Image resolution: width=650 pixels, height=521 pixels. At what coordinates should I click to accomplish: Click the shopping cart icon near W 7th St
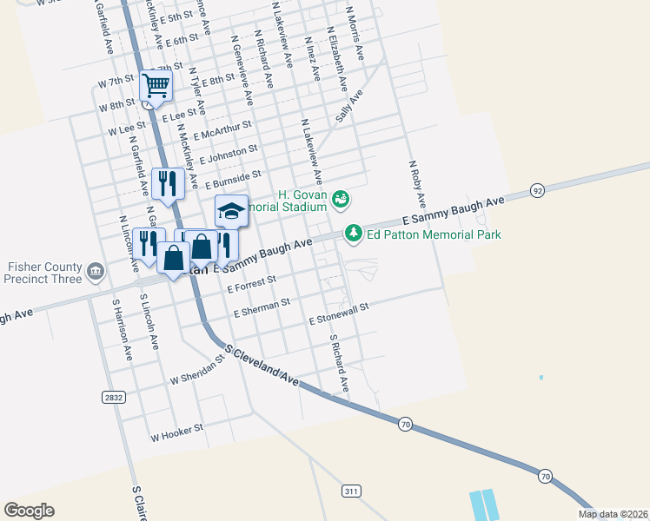click(x=156, y=85)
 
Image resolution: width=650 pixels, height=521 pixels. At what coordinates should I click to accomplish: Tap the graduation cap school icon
click(x=231, y=210)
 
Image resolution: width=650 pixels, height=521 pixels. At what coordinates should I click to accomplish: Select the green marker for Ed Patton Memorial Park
click(x=353, y=233)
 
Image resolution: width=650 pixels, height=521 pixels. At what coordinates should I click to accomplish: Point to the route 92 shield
click(x=538, y=190)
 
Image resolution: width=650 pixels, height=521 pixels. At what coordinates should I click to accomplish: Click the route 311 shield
click(x=351, y=491)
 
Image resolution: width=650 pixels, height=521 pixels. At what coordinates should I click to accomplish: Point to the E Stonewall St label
click(x=339, y=313)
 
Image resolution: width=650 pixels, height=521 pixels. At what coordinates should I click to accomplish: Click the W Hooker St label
click(x=176, y=430)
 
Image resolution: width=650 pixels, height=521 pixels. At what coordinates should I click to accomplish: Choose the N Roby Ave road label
click(x=416, y=183)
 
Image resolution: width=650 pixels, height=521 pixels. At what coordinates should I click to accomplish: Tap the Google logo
click(x=30, y=511)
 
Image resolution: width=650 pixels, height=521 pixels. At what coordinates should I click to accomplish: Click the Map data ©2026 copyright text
click(x=613, y=514)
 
